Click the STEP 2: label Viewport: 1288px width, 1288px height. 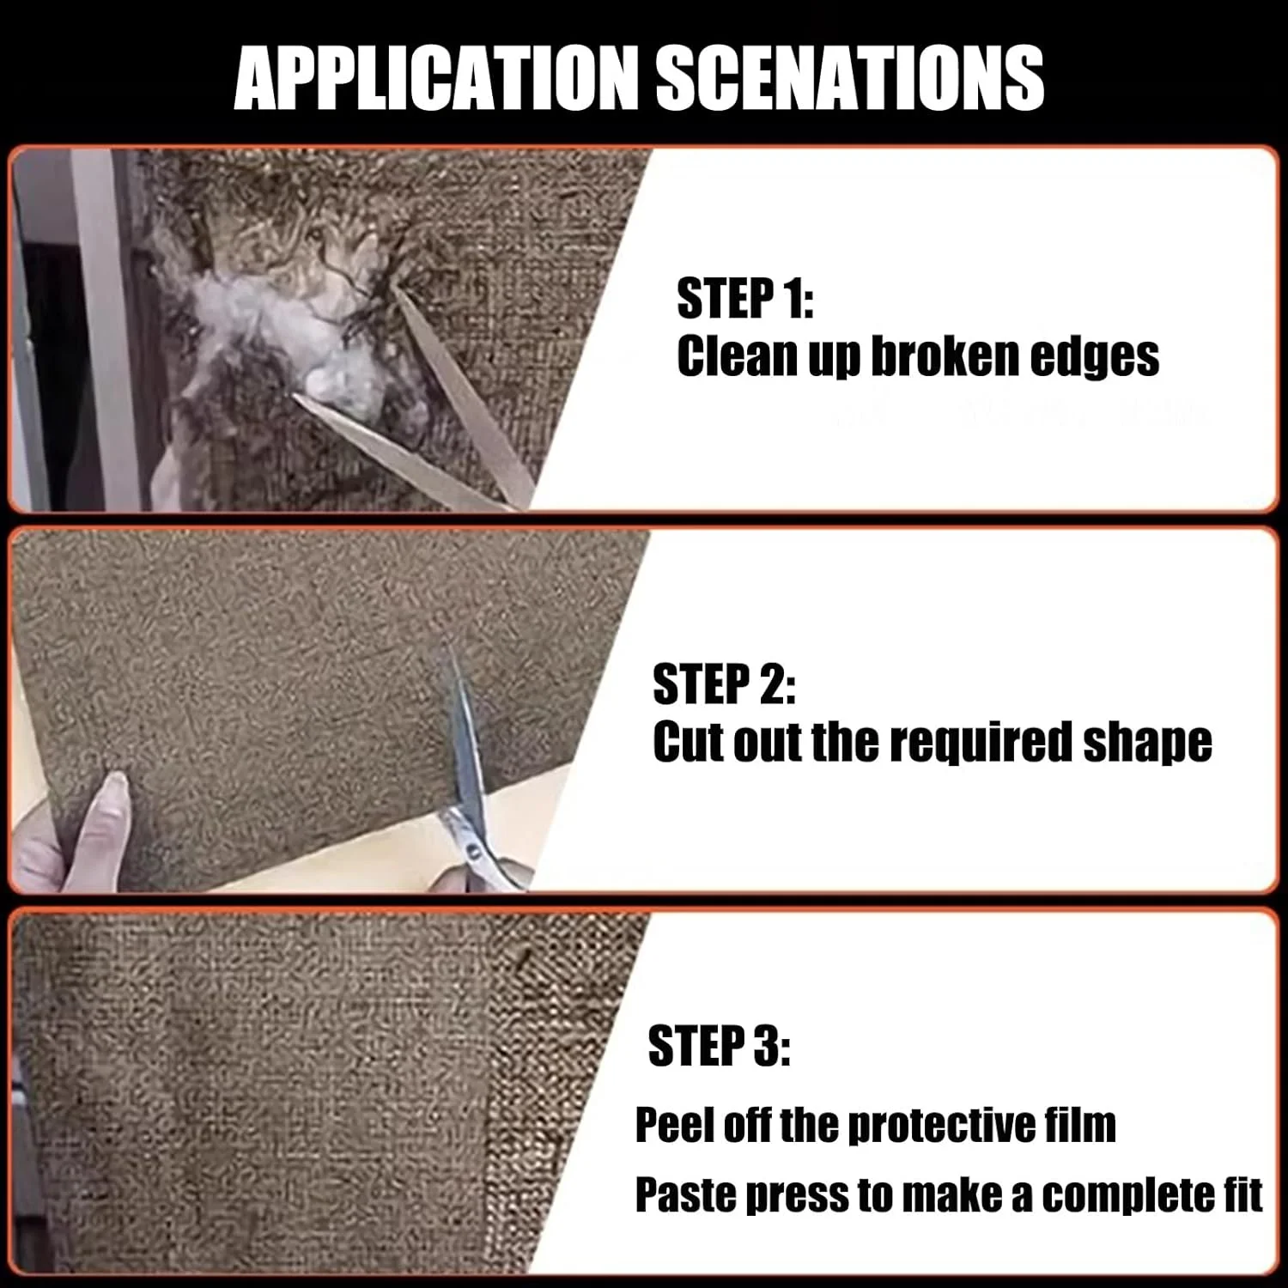pos(724,684)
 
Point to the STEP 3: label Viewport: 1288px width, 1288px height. pos(719,1046)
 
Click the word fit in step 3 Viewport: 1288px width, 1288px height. pos(1240,1194)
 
